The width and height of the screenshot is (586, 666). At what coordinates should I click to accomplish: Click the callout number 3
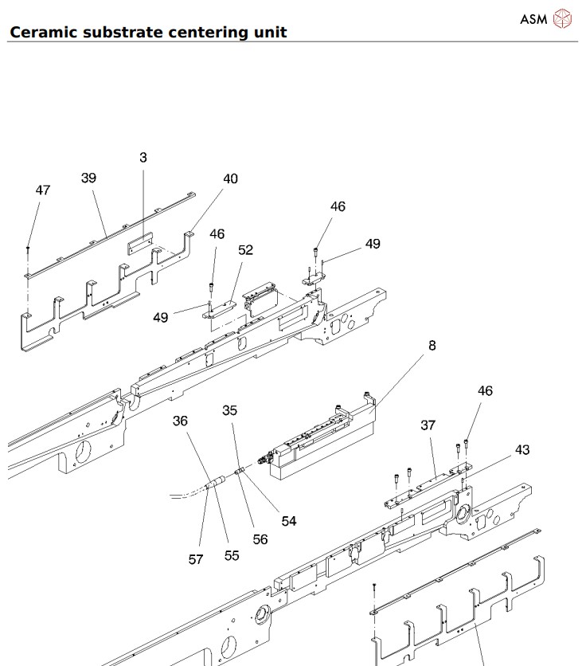click(143, 158)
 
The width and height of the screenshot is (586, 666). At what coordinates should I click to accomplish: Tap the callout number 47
click(43, 190)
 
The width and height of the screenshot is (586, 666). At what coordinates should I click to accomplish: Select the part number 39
click(88, 178)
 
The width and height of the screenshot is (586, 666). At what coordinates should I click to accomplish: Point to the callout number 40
click(230, 179)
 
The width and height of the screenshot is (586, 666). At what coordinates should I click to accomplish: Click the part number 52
click(245, 250)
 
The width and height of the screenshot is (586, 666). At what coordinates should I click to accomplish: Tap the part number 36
click(181, 421)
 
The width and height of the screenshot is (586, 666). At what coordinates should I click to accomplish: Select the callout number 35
click(230, 411)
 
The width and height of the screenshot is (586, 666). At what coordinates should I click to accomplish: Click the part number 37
click(428, 425)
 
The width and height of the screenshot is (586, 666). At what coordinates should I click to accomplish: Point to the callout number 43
click(522, 450)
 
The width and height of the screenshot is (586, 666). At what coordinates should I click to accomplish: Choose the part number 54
click(288, 521)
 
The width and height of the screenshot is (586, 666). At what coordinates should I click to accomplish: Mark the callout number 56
click(260, 539)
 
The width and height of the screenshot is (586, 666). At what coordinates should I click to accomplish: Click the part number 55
click(232, 555)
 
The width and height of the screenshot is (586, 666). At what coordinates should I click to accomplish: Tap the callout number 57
click(196, 559)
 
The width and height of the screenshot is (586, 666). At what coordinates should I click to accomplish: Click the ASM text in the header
click(533, 18)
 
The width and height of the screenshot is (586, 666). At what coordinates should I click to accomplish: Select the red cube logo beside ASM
click(562, 18)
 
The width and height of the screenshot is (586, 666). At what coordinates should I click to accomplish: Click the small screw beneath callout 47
click(28, 249)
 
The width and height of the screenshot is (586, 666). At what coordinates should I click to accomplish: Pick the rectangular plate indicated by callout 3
click(140, 241)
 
